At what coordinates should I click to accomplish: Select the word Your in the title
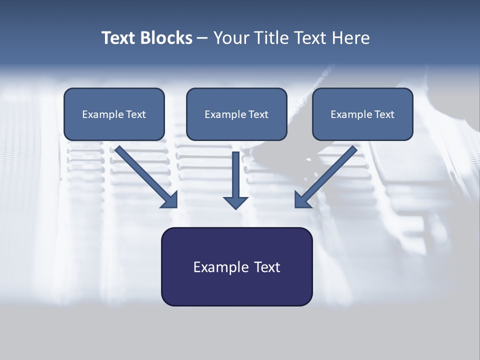[231, 38]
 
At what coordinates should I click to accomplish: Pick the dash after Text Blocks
[202, 38]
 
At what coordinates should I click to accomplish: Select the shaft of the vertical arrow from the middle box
[235, 172]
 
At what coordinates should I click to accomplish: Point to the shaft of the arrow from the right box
[332, 170]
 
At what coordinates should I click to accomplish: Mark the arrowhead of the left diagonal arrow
[170, 200]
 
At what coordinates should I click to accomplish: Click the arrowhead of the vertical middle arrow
[235, 202]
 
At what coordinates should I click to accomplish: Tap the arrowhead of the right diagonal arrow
[302, 200]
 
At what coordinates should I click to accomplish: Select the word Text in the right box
[384, 114]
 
